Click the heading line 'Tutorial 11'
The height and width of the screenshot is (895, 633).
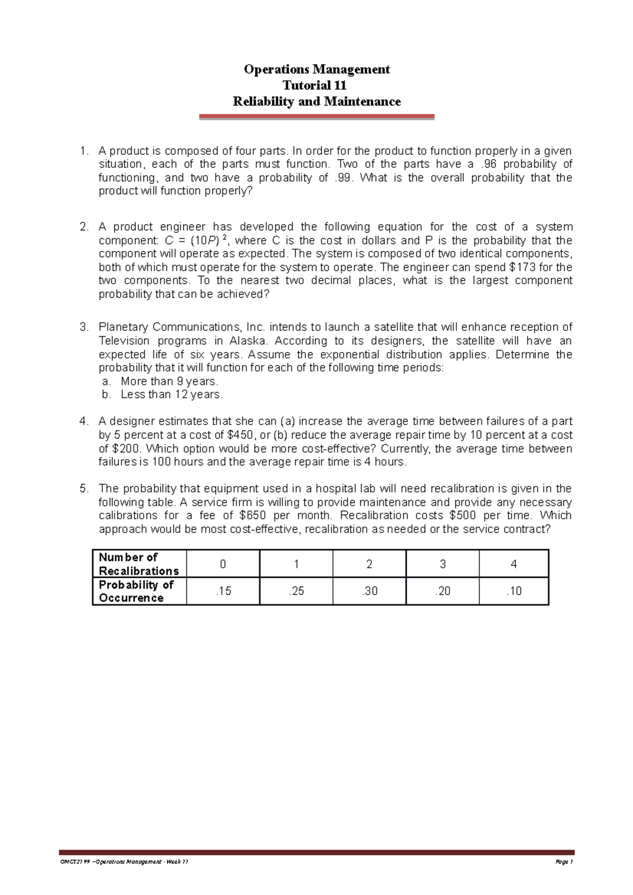(x=315, y=85)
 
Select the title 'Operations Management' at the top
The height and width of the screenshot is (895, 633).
(x=316, y=70)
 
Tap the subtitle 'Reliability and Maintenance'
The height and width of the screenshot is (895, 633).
(x=316, y=101)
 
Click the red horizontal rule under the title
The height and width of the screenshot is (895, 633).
(x=316, y=116)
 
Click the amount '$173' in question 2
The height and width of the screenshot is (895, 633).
(x=524, y=267)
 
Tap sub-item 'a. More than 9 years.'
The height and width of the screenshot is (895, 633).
(x=169, y=381)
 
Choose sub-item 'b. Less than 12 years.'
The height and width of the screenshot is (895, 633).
(x=171, y=394)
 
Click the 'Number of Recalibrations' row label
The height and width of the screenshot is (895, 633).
(x=139, y=564)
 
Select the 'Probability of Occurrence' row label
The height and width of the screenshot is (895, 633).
(x=136, y=591)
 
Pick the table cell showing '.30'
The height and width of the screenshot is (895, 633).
(x=369, y=591)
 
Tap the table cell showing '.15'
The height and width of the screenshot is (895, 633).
(x=223, y=591)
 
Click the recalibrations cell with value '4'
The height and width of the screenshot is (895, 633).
(x=514, y=564)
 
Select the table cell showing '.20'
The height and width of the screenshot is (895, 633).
(x=443, y=591)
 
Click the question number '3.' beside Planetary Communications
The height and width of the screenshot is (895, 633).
(x=84, y=327)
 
